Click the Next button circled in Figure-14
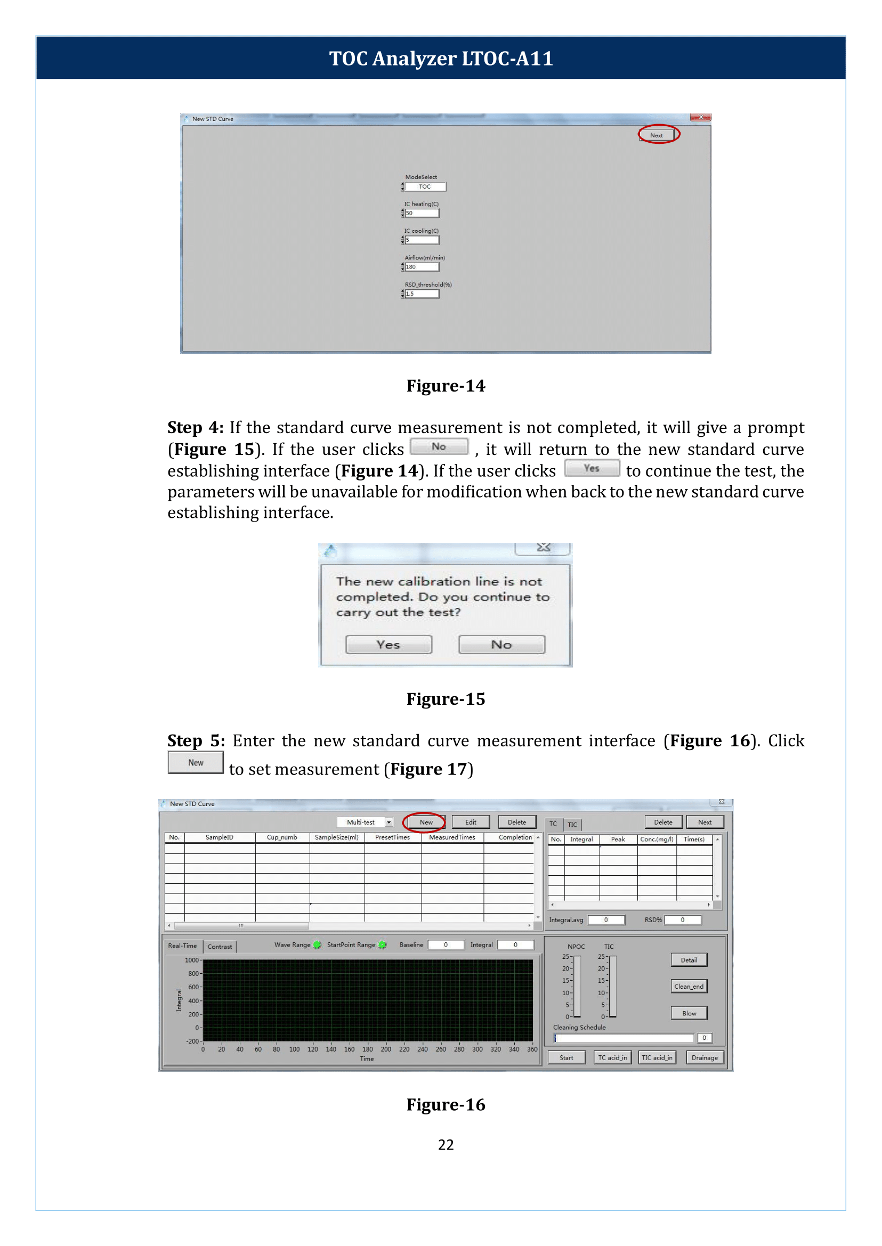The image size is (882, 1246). [x=656, y=135]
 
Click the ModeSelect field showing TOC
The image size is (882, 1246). [x=425, y=187]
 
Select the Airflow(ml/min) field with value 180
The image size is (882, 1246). [x=422, y=267]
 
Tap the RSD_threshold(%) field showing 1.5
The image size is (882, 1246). [x=422, y=294]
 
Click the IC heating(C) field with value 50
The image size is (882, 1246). [x=422, y=214]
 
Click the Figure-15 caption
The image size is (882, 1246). [x=446, y=699]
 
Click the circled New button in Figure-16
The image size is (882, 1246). [x=426, y=822]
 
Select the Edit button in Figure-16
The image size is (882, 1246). [x=471, y=822]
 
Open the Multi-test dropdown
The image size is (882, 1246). [x=389, y=822]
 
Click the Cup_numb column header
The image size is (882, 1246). [x=282, y=837]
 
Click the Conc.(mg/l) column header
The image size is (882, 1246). [x=657, y=839]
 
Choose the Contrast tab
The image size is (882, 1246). [x=220, y=946]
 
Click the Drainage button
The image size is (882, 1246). [x=705, y=1057]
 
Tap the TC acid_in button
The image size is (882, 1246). [x=612, y=1057]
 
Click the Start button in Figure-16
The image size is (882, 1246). [x=566, y=1057]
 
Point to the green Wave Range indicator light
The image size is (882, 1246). [x=317, y=944]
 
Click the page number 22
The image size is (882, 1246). [x=446, y=1144]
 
